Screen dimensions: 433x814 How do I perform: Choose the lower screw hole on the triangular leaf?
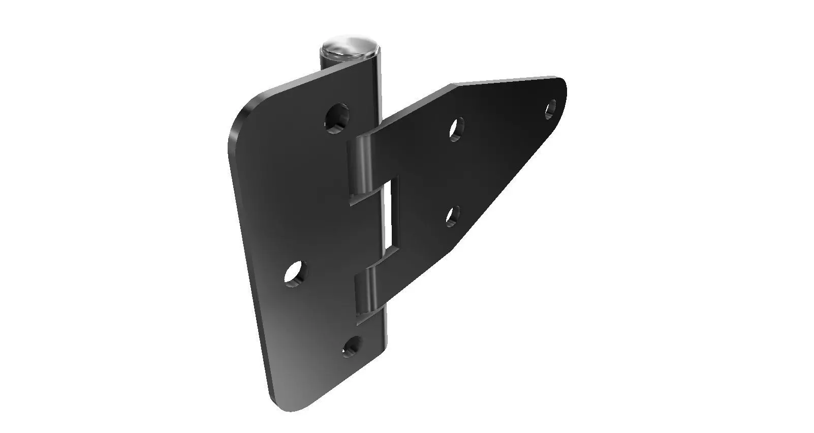pos(453,215)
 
